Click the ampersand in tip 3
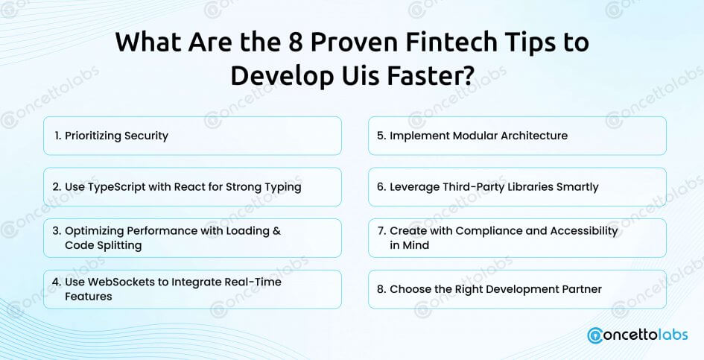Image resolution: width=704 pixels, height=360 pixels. coord(276,231)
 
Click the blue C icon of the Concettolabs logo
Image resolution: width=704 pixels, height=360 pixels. coord(595,335)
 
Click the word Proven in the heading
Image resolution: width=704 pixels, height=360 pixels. coord(355,42)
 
